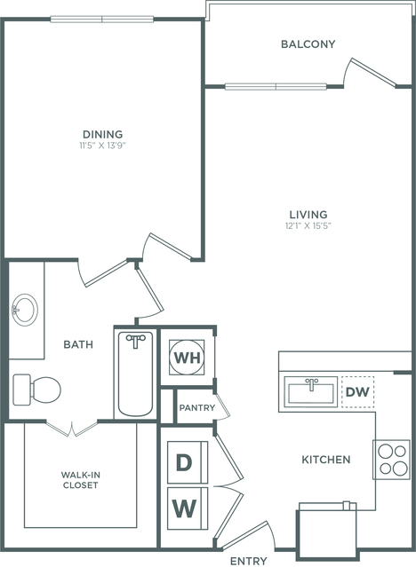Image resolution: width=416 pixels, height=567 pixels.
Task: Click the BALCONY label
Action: tap(308, 44)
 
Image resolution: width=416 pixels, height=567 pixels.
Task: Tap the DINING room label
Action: tap(103, 134)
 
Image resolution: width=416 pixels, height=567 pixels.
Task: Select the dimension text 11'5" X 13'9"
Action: tap(103, 146)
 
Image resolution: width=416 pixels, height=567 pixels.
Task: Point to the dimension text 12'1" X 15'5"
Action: tap(308, 226)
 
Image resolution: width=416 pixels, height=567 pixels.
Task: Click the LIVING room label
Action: tap(308, 214)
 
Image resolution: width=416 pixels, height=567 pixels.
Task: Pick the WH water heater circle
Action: tap(187, 358)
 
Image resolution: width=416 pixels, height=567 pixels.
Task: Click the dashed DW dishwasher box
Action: tap(358, 392)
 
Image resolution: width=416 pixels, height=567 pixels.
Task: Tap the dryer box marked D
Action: tap(188, 462)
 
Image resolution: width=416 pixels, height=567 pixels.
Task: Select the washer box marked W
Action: tap(188, 508)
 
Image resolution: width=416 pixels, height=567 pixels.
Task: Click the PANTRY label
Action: tap(197, 408)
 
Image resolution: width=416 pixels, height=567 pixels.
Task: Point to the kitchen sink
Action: tap(311, 392)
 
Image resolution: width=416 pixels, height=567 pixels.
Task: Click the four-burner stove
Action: tap(391, 460)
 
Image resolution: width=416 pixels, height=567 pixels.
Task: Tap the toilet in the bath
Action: tap(36, 390)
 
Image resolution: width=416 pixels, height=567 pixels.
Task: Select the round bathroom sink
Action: tap(25, 310)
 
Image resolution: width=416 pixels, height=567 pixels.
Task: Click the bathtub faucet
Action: tap(136, 340)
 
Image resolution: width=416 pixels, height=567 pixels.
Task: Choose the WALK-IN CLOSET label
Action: tap(81, 480)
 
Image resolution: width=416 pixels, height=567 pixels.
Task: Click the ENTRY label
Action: tap(249, 561)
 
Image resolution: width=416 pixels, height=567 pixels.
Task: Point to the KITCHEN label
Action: tap(326, 460)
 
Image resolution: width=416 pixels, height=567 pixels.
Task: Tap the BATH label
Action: tap(78, 344)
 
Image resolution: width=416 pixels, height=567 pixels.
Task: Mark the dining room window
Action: tap(102, 20)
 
